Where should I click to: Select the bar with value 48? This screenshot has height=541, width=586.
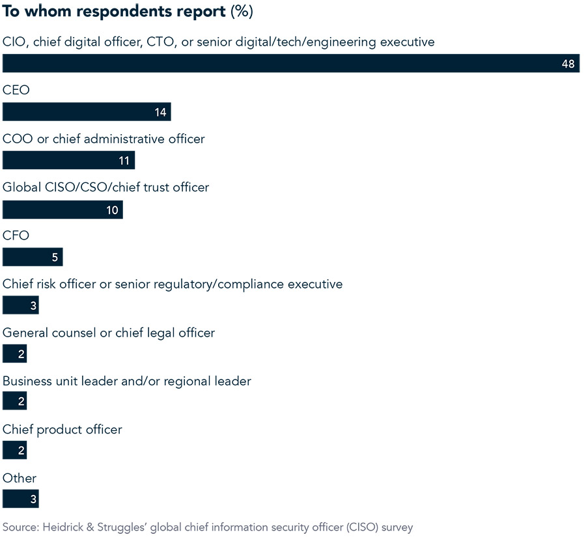290,63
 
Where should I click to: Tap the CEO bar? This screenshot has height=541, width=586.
86,112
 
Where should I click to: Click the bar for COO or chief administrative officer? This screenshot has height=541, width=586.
68,160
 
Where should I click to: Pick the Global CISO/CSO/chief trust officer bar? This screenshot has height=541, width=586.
63,209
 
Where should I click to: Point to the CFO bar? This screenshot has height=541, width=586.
33,257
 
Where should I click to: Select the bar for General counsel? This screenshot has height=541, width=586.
14,354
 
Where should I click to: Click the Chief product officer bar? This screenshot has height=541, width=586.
14,451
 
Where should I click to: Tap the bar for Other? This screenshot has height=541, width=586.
20,499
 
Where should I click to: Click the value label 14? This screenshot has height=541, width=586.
161,112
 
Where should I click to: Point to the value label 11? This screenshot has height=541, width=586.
124,160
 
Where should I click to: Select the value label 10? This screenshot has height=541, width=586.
112,209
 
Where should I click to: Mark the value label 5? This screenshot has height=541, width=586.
55,257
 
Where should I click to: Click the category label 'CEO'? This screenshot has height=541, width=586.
16,90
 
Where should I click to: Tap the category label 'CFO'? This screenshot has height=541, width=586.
16,236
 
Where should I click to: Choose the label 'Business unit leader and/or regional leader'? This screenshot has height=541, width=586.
127,381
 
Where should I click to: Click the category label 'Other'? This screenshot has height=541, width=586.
20,478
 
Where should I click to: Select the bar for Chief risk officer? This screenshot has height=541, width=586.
20,305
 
